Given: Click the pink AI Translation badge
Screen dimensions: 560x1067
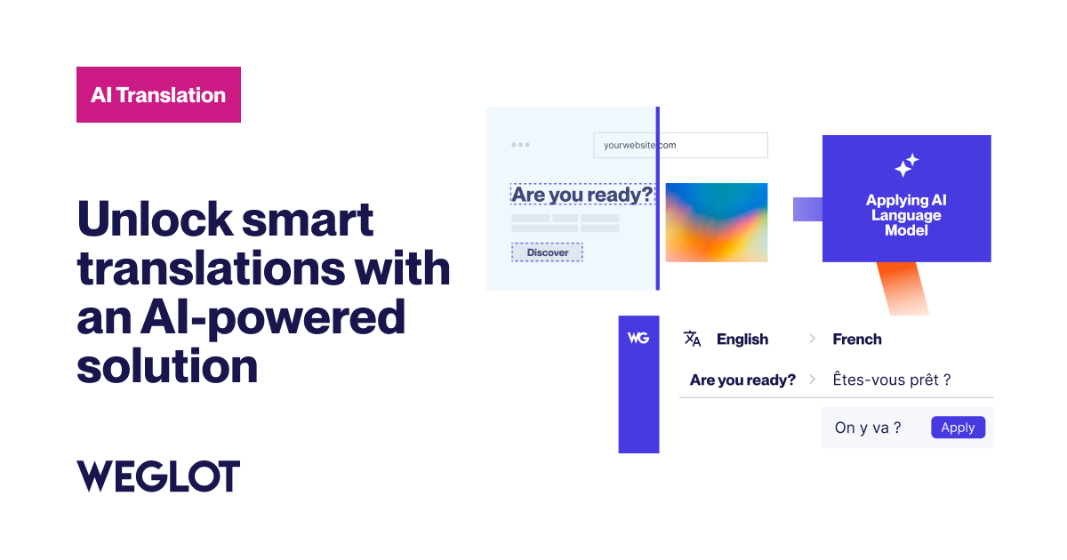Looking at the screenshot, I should [x=158, y=94].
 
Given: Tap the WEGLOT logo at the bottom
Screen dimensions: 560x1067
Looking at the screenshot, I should [x=158, y=476].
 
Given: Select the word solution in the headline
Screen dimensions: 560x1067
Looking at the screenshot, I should [x=167, y=366].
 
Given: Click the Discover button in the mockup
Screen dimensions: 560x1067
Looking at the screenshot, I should [x=547, y=252].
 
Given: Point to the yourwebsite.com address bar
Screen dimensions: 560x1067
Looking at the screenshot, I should [x=680, y=145].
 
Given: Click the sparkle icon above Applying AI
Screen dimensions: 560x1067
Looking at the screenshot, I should [x=906, y=165].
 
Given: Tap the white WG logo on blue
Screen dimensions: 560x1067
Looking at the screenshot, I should [x=638, y=339].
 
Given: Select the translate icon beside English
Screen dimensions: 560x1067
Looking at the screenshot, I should [x=692, y=339].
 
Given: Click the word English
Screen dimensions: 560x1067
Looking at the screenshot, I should [x=742, y=339].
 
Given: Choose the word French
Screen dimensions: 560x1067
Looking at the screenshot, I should [x=857, y=339].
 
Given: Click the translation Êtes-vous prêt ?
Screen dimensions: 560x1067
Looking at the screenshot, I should [x=891, y=380].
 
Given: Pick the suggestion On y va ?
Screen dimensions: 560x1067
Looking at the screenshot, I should [x=867, y=428].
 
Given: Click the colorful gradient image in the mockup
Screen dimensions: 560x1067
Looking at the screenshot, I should [x=716, y=222].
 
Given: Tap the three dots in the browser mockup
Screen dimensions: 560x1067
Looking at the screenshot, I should [x=520, y=145].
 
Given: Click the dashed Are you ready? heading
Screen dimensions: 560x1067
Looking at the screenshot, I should [x=582, y=194].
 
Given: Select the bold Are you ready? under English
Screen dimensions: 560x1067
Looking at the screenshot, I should [x=742, y=380].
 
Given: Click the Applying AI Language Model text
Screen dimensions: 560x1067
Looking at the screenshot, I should [x=906, y=215].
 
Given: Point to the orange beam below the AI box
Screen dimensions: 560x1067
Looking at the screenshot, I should [x=902, y=289].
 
